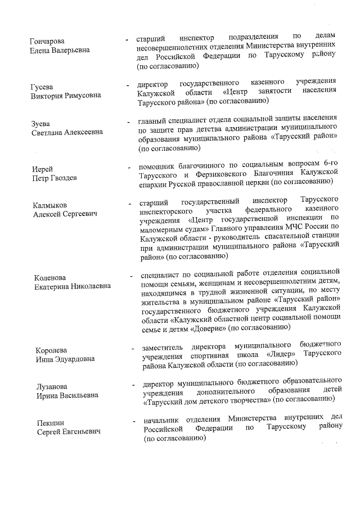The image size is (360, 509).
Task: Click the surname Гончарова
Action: click(47, 42)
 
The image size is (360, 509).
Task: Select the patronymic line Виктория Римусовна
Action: click(66, 96)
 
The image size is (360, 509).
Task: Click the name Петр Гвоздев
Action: click(55, 178)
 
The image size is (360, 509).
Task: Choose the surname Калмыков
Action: click(51, 205)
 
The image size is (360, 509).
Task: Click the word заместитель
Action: click(164, 344)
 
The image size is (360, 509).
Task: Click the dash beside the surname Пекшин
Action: click(134, 421)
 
